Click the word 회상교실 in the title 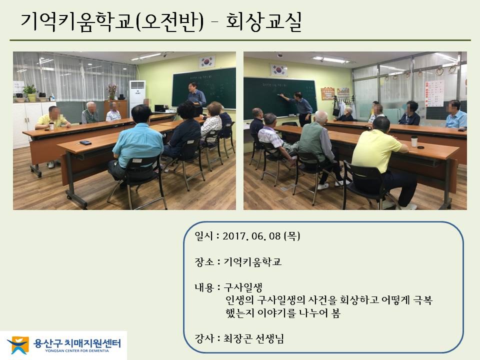[264, 21]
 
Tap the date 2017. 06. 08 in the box [251, 236]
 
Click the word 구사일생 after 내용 [243, 287]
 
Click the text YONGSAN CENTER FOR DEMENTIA [77, 351]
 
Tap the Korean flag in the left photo [207, 62]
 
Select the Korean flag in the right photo [278, 70]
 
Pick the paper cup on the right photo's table [414, 141]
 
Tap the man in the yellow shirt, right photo [382, 162]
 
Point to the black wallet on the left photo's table [85, 142]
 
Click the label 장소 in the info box [204, 262]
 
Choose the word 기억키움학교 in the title [77, 21]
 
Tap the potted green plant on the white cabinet [30, 93]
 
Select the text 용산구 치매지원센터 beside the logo [77, 343]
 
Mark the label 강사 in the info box [204, 338]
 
